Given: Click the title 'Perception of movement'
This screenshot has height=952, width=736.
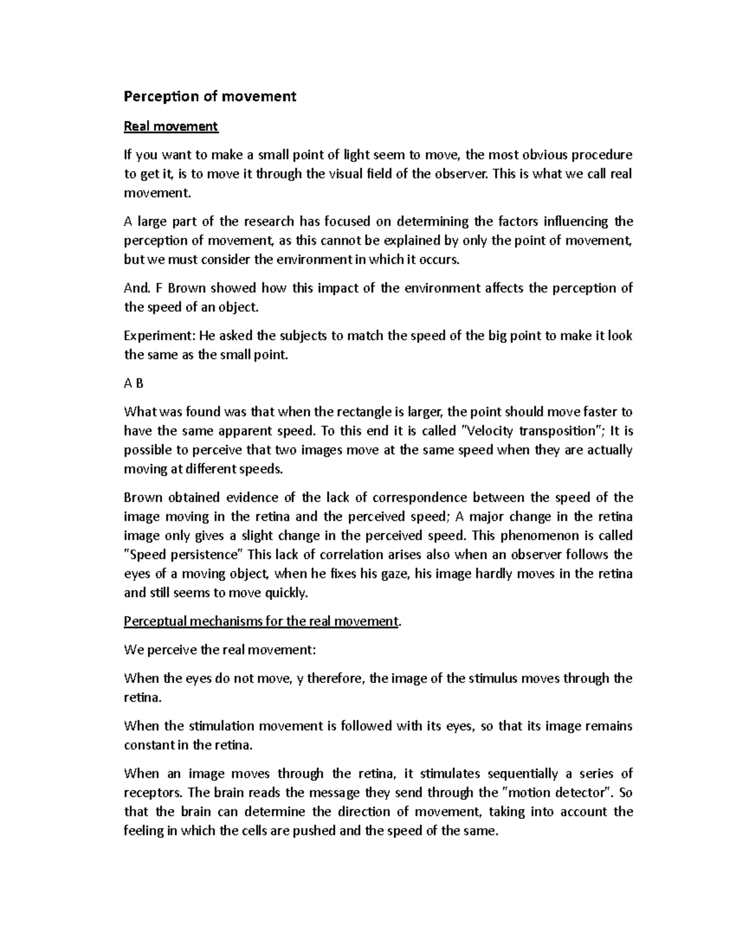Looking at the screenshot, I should tap(210, 96).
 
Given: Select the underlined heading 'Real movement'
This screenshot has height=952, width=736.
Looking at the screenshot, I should tap(171, 126).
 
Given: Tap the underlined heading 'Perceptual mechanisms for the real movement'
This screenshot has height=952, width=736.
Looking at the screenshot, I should tap(261, 621).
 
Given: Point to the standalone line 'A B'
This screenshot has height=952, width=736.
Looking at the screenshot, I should tap(133, 383).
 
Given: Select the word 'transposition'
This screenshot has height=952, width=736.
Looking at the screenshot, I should tap(557, 431).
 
